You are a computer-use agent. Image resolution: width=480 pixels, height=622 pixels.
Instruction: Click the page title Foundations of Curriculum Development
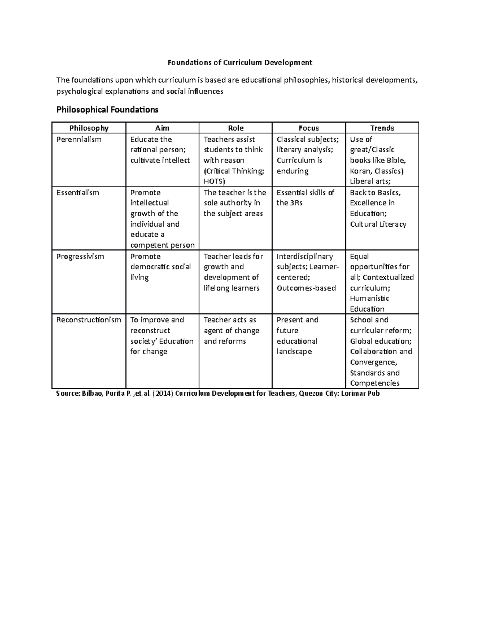(x=240, y=62)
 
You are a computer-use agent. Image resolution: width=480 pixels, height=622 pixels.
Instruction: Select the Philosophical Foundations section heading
(x=107, y=110)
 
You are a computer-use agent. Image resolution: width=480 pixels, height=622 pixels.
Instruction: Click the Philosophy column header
(x=89, y=128)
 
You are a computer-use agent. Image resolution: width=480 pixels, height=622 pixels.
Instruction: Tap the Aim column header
(x=162, y=128)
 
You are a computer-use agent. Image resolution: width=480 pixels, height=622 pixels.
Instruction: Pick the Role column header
(x=236, y=128)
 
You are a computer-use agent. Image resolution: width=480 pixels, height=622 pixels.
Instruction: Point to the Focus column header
(x=308, y=128)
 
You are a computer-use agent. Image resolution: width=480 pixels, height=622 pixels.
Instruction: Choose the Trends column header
(x=382, y=128)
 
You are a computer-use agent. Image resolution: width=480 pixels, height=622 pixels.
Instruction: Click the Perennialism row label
(x=79, y=139)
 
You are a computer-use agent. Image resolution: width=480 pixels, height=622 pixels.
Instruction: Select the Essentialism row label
(x=78, y=193)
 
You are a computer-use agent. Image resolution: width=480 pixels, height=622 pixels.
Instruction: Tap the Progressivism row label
(x=80, y=256)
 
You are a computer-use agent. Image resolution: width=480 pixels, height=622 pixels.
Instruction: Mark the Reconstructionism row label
(x=88, y=320)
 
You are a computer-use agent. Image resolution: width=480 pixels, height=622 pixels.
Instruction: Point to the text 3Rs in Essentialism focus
(x=296, y=203)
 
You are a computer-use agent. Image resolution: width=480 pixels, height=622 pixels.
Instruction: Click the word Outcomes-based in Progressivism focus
(x=306, y=288)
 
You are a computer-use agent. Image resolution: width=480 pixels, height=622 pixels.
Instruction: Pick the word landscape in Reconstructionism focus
(x=294, y=352)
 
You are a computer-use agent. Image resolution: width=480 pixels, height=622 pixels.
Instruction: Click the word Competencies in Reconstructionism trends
(x=374, y=383)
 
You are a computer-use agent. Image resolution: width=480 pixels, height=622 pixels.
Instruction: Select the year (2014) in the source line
(x=163, y=394)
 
